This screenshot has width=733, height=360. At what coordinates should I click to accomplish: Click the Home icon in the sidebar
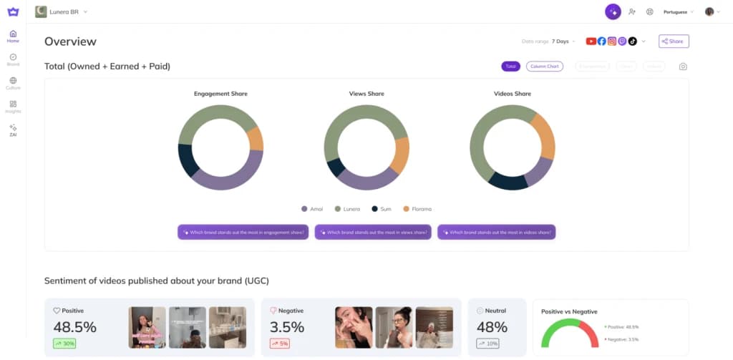13,34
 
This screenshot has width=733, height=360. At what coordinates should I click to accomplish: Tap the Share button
674,42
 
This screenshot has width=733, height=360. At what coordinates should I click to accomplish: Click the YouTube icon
591,42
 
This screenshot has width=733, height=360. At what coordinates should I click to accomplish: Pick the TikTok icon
632,42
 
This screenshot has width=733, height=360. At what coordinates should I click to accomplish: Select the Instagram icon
611,42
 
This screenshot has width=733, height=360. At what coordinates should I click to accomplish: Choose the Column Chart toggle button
545,67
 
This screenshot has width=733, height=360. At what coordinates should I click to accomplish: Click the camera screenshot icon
683,67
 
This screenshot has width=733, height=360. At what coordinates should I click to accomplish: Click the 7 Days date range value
561,42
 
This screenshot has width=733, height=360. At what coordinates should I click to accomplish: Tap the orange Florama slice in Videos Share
543,136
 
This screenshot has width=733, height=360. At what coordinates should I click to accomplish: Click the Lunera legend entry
349,209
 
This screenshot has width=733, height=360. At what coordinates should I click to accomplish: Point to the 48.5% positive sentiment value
74,327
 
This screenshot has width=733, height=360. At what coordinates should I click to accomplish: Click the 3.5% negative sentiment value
286,327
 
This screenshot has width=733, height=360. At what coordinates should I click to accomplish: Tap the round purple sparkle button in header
613,12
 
